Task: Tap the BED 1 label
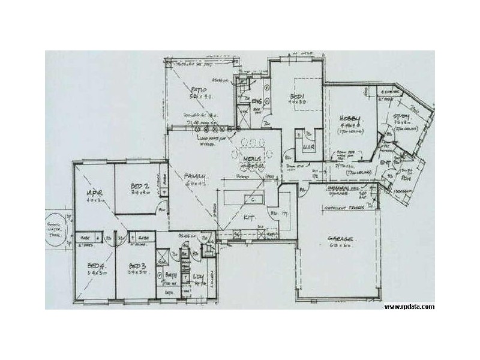click(296, 96)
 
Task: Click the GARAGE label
click(339, 238)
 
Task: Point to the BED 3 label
click(137, 266)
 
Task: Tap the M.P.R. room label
click(94, 193)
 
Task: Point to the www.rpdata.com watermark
click(410, 307)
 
